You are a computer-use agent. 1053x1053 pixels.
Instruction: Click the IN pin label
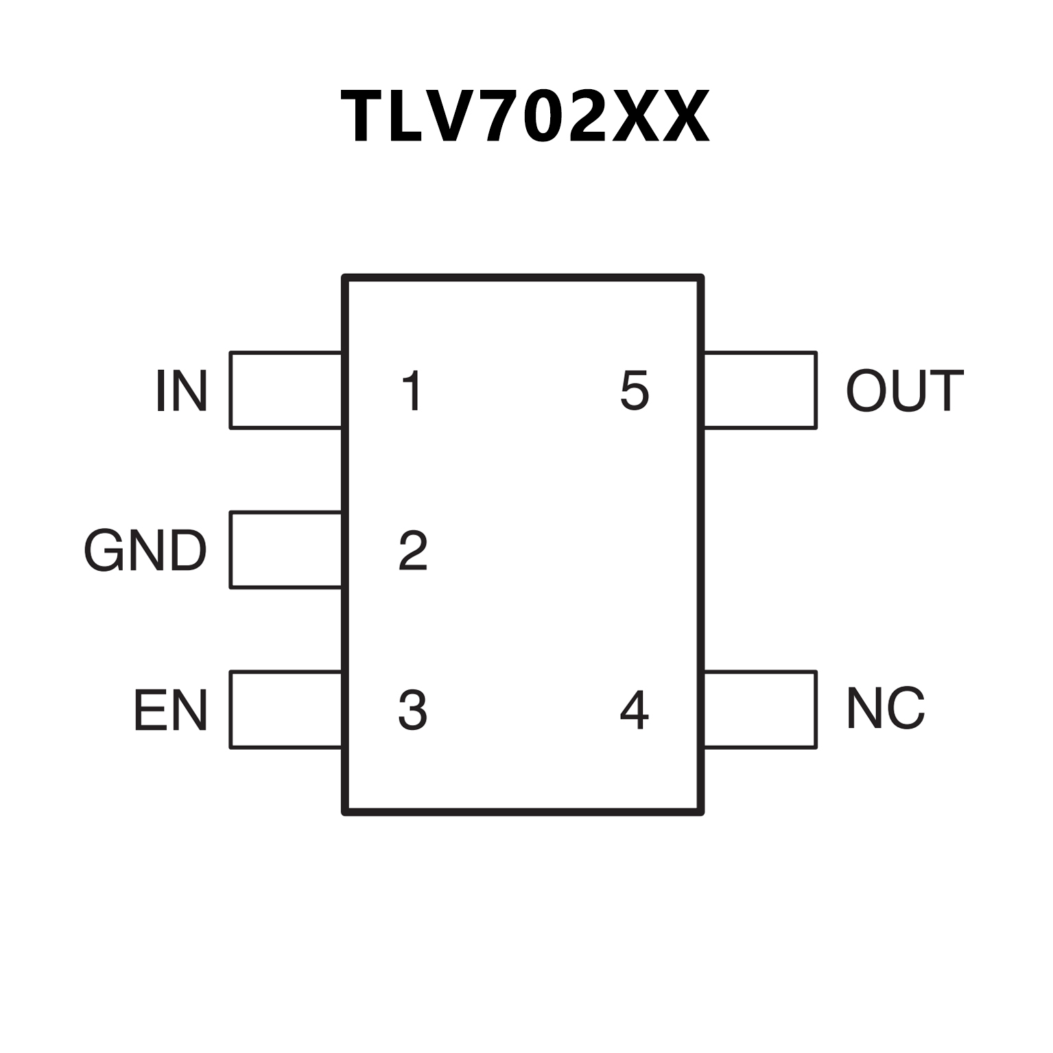tap(182, 391)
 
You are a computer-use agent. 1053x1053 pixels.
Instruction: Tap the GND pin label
tap(145, 550)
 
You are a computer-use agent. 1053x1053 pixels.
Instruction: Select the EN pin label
tap(170, 710)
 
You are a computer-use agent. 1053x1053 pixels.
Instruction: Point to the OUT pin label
tap(904, 391)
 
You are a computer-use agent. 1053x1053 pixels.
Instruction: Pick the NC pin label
tap(886, 709)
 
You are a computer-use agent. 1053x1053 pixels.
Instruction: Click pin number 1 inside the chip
tap(412, 391)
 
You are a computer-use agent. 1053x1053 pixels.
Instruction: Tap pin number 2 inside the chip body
tap(413, 550)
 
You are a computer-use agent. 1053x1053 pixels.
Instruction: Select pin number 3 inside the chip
tap(413, 710)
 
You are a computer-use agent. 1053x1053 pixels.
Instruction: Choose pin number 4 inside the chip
tap(634, 710)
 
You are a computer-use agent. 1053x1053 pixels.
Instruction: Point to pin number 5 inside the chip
tap(634, 391)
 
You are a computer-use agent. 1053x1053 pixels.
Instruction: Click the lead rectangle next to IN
tap(286, 390)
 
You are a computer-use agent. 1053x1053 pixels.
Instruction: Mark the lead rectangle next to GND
tap(286, 549)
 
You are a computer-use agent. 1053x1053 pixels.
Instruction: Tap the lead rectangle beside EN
tap(286, 709)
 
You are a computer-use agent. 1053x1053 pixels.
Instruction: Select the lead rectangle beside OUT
tap(760, 390)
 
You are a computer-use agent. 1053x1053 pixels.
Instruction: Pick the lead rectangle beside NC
tap(760, 709)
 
